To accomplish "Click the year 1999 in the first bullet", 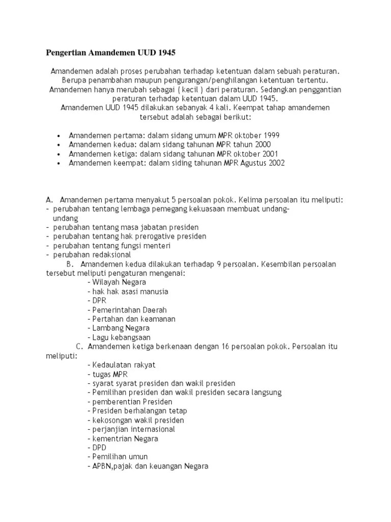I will pyautogui.click(x=270, y=136).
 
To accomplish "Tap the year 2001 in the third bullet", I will pyautogui.click(x=270, y=154).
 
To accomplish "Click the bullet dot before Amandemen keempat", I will pyautogui.click(x=60, y=163).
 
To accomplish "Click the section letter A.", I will pyautogui.click(x=49, y=200).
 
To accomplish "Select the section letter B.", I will pyautogui.click(x=70, y=264).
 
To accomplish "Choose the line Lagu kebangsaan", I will pyautogui.click(x=121, y=337).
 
